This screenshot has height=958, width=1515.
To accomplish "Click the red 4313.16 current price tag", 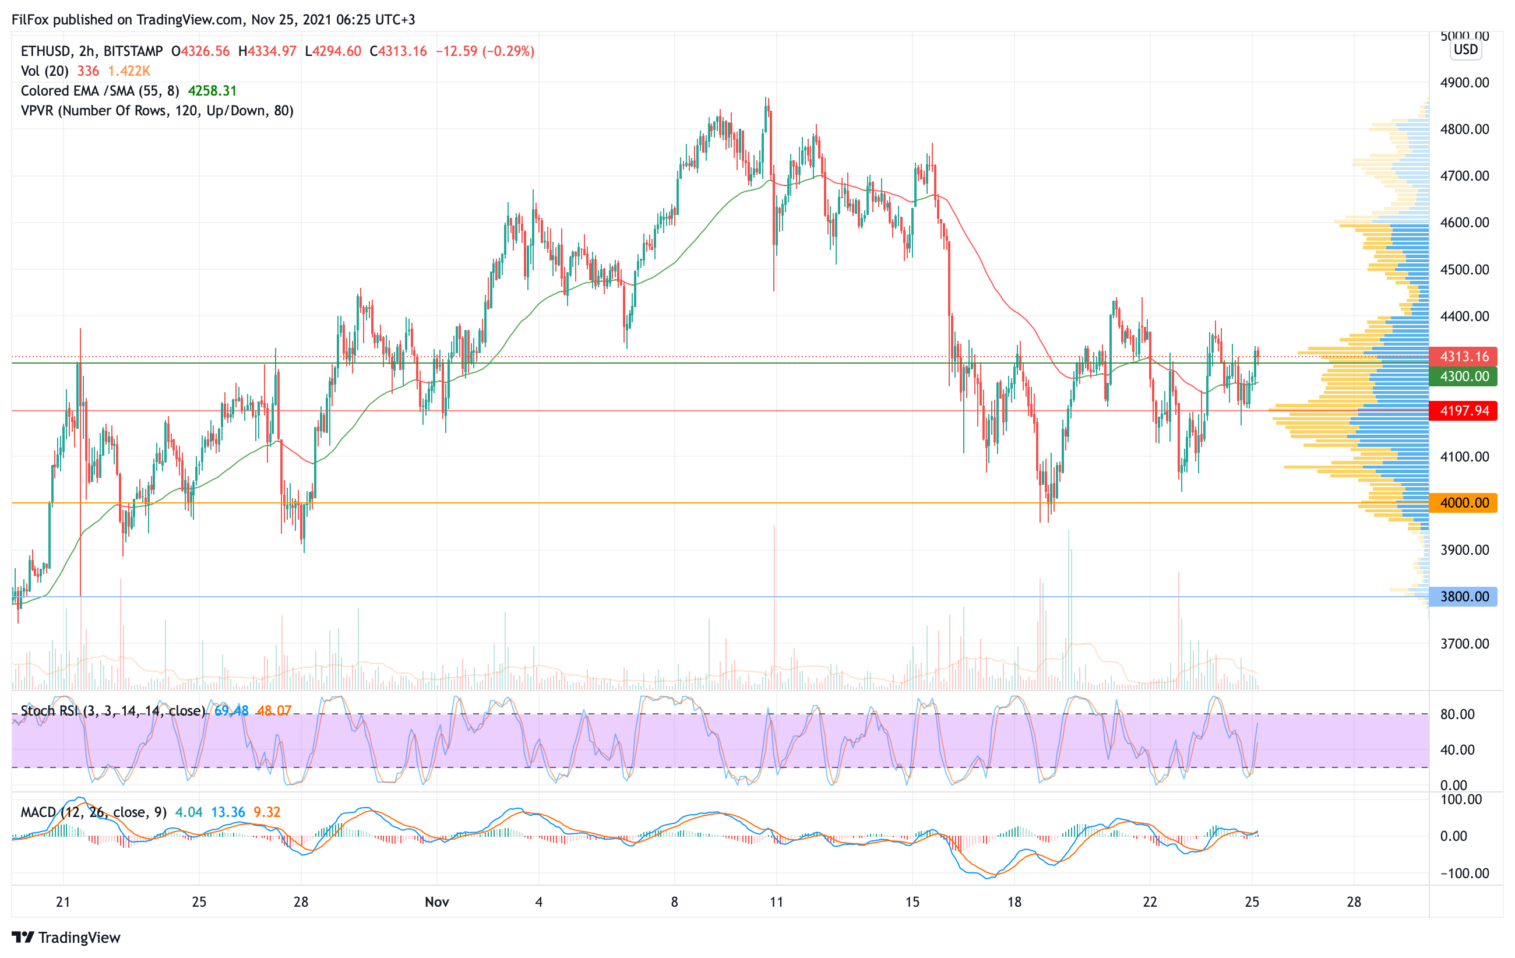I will pos(1463,356).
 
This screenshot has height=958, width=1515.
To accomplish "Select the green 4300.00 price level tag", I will pos(1463,376).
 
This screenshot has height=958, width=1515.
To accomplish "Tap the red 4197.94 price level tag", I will pos(1463,411).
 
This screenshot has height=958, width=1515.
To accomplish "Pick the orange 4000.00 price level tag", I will pos(1463,502).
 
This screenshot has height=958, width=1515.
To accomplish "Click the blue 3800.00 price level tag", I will pos(1463,596).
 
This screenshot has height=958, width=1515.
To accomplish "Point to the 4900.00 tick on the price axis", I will pos(1464,82).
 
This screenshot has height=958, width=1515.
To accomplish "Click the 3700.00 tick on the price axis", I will pos(1464,643).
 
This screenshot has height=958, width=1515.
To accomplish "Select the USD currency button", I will pos(1465,50).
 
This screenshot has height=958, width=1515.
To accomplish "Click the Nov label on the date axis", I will pos(436,902).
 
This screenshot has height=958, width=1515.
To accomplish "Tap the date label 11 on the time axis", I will pos(776,902).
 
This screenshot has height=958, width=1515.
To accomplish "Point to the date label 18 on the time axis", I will pos(1014,902).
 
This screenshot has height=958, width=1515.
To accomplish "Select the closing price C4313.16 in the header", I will pos(398,51).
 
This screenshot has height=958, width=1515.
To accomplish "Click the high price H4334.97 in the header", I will pos(267,51).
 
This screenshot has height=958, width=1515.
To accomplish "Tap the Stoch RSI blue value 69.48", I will pos(231,711).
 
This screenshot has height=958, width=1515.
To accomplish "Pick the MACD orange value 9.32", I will pos(267,812).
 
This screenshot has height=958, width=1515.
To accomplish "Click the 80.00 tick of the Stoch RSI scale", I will pos(1457,714).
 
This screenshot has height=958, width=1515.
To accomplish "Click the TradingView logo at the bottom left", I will pos(66,937).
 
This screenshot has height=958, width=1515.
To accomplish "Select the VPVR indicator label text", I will pos(157,111).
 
